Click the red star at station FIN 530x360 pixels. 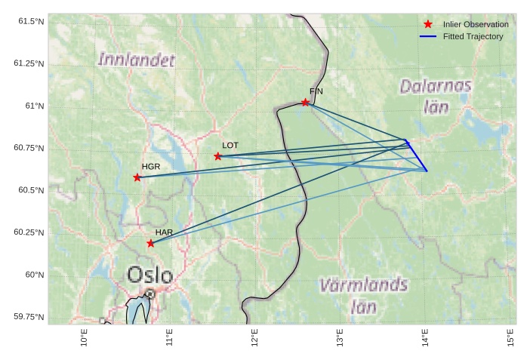pos(306,102)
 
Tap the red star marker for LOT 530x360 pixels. pos(218,156)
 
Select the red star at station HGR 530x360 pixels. pos(137,177)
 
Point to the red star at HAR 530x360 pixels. pos(151,243)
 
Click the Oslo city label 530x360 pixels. pos(149,275)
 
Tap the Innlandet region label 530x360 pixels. pos(137,59)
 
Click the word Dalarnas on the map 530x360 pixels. pos(436,86)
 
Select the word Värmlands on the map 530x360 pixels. pos(363,285)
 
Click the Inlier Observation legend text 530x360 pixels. pos(476,24)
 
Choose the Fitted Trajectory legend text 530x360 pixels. pos(473,36)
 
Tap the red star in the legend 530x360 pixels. pos(428,24)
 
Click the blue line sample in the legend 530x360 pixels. pos(428,36)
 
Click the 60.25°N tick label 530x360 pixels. pos(29,232)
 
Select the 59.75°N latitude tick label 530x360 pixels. pos(29,317)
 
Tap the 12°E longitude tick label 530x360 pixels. pos(254,337)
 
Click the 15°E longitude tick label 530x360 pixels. pos(511,337)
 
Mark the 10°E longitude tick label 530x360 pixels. pos(84,337)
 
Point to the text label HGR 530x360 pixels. pos(151,166)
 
